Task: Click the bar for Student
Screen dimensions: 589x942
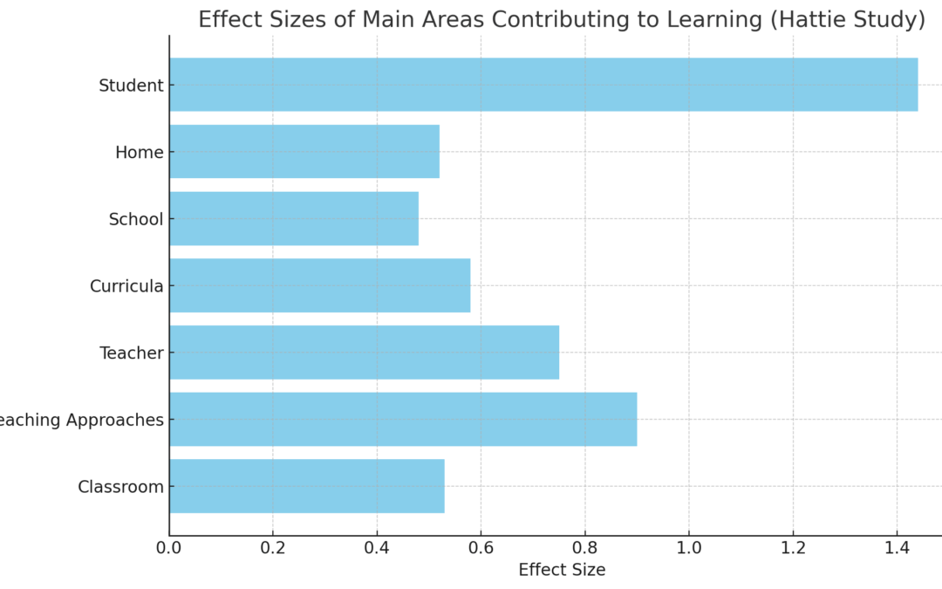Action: pos(543,85)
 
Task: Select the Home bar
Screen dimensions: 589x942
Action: pos(304,152)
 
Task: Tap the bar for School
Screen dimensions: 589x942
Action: pos(293,218)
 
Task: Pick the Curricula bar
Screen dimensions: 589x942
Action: pos(319,285)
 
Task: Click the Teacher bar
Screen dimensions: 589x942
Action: pos(364,353)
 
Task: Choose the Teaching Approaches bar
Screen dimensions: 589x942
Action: pos(402,419)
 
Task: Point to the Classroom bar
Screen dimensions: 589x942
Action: pos(306,486)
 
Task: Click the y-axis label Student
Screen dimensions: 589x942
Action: pos(131,86)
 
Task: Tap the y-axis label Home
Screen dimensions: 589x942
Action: pos(140,153)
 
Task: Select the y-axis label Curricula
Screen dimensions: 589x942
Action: pos(126,286)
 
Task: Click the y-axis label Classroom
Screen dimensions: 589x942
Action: pos(120,487)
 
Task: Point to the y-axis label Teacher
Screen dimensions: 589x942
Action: pos(132,353)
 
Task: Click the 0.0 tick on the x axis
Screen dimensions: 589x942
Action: pos(169,548)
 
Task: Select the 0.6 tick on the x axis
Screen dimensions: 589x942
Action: pos(481,548)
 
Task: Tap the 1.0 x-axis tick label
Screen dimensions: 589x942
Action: pos(688,548)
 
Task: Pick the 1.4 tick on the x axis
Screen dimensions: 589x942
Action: pos(896,548)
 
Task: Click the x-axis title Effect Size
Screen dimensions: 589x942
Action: pos(562,570)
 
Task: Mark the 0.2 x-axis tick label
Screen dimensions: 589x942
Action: pos(273,548)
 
